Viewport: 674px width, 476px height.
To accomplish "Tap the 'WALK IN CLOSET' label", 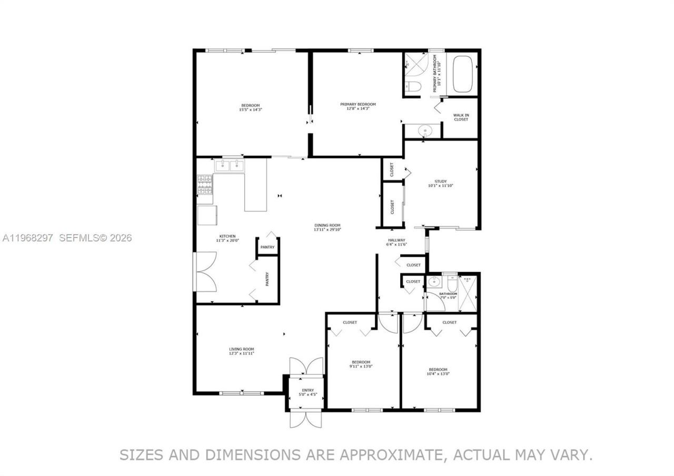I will [461, 117].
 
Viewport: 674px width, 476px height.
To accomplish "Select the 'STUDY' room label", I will [440, 181].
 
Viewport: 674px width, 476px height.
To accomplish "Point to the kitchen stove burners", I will [205, 184].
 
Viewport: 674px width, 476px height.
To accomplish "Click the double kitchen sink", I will [230, 165].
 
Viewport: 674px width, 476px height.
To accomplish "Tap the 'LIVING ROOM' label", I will [241, 349].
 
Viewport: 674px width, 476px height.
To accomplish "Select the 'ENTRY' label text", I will [308, 390].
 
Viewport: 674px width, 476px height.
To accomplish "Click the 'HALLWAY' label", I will [397, 240].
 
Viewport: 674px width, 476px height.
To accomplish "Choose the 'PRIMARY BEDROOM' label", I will [358, 104].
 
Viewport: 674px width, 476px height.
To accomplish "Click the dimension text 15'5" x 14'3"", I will [251, 110].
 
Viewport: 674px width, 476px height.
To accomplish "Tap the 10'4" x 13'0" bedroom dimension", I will [438, 373].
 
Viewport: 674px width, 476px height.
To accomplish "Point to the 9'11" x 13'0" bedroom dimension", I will [361, 366].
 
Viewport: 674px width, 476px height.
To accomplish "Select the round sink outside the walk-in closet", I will [424, 130].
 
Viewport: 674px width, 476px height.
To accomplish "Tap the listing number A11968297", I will [27, 238].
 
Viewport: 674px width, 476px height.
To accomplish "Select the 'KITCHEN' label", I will [227, 236].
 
